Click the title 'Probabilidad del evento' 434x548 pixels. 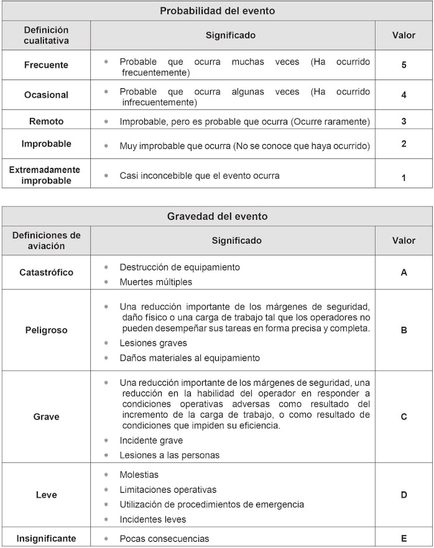tap(217, 11)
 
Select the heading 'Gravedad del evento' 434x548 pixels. tap(217, 216)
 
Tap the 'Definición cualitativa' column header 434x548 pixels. tap(46, 35)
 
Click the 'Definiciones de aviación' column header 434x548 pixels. tap(46, 240)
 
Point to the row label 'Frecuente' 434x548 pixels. tap(46, 65)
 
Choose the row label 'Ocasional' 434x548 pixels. tap(46, 95)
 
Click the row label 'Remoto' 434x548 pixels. tap(46, 121)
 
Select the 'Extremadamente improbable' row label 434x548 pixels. tap(46, 175)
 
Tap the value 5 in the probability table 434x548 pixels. tap(404, 65)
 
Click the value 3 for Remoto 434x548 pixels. tap(404, 121)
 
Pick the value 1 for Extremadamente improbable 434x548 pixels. tap(404, 178)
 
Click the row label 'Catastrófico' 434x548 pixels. tap(46, 272)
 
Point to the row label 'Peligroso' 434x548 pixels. tap(46, 331)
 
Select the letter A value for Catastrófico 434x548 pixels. tap(404, 272)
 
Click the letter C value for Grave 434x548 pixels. tap(404, 416)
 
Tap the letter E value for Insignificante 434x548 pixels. tap(404, 538)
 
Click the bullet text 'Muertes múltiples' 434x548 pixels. tap(155, 281)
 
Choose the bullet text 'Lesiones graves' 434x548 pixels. tap(153, 343)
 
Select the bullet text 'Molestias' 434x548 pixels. tap(140, 475)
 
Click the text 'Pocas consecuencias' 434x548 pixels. tap(164, 538)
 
